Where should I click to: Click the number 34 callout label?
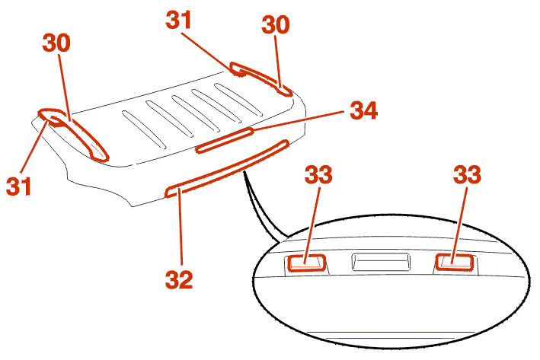point(363,110)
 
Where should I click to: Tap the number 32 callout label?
point(179,279)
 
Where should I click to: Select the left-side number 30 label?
point(56,43)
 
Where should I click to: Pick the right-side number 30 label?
point(276,24)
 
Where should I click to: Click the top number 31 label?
point(178,20)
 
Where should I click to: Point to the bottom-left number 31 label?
point(18,186)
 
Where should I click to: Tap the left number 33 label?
point(318,174)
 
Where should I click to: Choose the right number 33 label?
point(467,174)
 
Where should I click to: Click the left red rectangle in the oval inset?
point(306,263)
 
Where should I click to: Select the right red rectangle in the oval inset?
point(455,263)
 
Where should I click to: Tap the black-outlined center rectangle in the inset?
point(381,262)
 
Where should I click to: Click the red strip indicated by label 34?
point(225,140)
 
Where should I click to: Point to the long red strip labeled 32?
point(227,169)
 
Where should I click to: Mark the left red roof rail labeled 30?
point(73,134)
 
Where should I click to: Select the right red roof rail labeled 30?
point(262,79)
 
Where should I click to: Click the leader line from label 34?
point(299,120)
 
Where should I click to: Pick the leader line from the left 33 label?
point(312,225)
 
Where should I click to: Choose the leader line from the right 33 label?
point(460,225)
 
